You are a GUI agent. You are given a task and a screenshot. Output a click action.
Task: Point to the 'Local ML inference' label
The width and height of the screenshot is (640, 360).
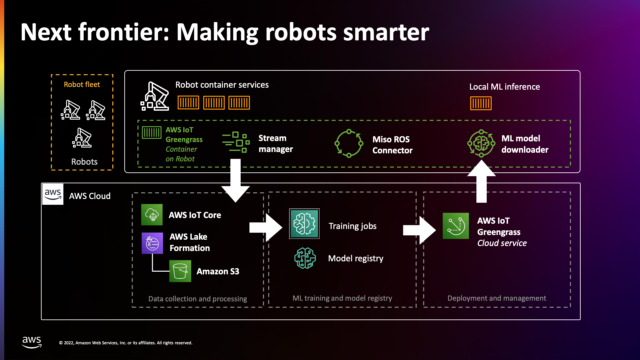505,87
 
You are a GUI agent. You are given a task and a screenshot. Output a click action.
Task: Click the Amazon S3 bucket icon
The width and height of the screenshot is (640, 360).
179,271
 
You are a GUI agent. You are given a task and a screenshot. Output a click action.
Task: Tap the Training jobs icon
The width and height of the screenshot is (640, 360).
303,226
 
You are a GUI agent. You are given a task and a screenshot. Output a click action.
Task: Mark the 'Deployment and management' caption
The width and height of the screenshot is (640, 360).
497,297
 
